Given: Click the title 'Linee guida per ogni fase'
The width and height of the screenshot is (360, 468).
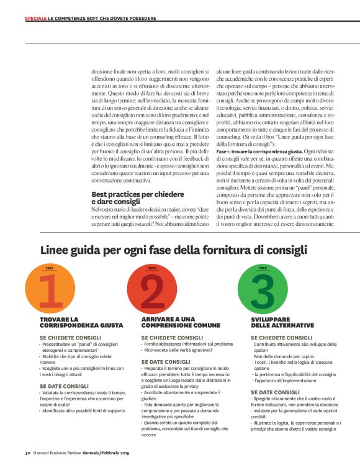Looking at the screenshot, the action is (x=174, y=250).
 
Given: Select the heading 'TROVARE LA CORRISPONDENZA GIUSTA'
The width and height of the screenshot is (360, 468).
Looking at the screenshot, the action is (x=81, y=322).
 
